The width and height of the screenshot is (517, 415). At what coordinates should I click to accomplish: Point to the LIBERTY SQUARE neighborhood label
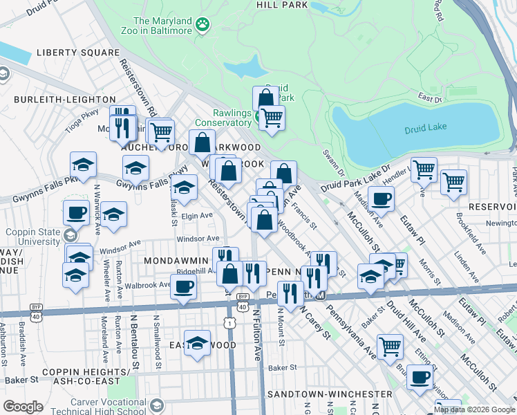(x=78, y=53)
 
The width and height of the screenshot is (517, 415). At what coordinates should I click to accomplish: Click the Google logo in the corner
(x=23, y=407)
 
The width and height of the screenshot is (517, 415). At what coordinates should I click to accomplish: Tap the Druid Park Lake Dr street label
(x=356, y=178)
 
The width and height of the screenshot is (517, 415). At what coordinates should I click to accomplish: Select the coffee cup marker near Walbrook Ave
(x=183, y=286)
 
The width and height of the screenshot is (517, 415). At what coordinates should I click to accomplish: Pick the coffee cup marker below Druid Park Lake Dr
(x=380, y=199)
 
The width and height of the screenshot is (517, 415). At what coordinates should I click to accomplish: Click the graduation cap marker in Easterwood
(x=197, y=343)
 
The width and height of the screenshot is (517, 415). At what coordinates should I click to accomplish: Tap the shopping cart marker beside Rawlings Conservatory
(x=272, y=118)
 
